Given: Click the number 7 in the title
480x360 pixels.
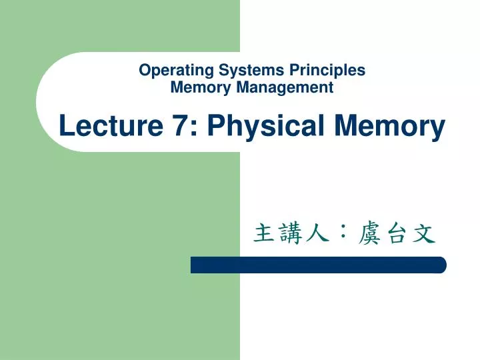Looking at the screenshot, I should [x=178, y=125].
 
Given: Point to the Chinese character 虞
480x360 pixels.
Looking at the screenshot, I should [x=369, y=234].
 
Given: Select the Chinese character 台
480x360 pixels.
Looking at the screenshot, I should [x=395, y=234].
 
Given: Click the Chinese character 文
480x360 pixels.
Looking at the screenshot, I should [x=422, y=234].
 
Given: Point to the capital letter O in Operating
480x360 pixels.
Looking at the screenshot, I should [x=144, y=70].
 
